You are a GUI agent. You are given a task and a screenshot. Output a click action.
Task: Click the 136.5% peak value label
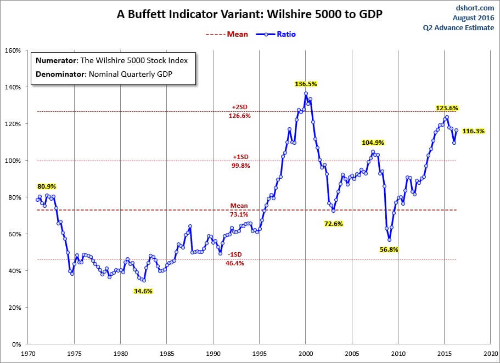click(x=306, y=84)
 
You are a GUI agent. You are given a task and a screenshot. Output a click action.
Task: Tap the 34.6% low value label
click(x=143, y=291)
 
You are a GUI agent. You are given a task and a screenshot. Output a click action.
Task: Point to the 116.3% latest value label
click(x=473, y=132)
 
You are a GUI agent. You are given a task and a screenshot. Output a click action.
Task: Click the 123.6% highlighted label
click(x=447, y=108)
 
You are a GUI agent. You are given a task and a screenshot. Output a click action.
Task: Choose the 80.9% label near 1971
click(x=47, y=186)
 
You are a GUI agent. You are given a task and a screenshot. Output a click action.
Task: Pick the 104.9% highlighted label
click(x=372, y=143)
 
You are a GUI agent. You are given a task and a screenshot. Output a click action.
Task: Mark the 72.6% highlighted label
click(x=333, y=224)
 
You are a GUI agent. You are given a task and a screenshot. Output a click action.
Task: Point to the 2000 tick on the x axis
click(x=306, y=354)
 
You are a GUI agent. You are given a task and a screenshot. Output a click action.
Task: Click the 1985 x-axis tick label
click(x=167, y=354)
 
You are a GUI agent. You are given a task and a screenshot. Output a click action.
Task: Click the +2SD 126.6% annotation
click(x=239, y=112)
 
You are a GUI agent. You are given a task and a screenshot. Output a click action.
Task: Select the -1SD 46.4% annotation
click(x=234, y=259)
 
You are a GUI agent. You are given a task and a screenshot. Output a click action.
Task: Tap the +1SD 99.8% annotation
click(x=239, y=161)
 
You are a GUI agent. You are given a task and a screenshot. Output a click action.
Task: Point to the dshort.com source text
click(x=476, y=8)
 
